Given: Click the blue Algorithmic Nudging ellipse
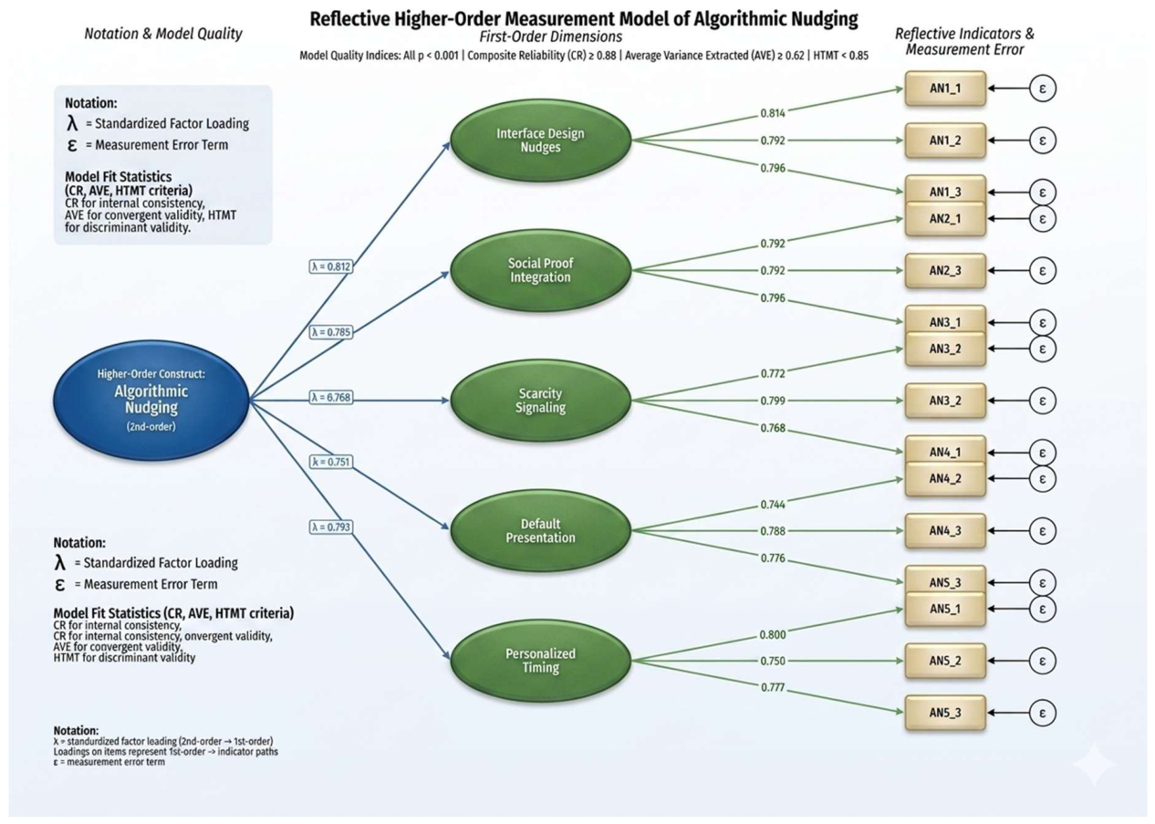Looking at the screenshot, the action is click(151, 400).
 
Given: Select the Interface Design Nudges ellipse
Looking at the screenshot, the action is click(540, 141).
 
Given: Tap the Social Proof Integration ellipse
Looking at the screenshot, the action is click(540, 270).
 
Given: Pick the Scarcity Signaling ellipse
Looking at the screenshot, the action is click(540, 401).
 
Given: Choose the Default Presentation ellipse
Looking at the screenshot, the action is click(540, 530).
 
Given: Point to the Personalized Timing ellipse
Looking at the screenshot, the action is click(540, 661).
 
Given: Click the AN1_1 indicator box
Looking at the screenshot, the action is click(945, 89).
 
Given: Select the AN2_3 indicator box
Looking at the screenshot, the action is click(945, 270).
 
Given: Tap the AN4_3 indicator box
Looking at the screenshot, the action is click(945, 530).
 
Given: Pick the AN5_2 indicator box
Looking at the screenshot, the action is click(945, 661).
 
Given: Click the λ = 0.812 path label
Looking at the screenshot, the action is click(331, 266).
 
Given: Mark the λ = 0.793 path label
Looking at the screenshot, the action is click(331, 527).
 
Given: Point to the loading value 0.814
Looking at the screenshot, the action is click(773, 113).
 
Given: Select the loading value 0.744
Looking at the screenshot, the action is click(773, 505).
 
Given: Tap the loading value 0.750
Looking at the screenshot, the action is click(773, 661).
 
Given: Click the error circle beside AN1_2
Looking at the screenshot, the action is click(1043, 141).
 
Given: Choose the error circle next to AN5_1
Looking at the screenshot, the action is click(1043, 609).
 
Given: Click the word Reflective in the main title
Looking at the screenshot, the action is click(349, 19).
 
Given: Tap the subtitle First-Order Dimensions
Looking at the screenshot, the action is click(551, 37).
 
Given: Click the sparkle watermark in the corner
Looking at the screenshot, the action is click(1094, 764).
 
